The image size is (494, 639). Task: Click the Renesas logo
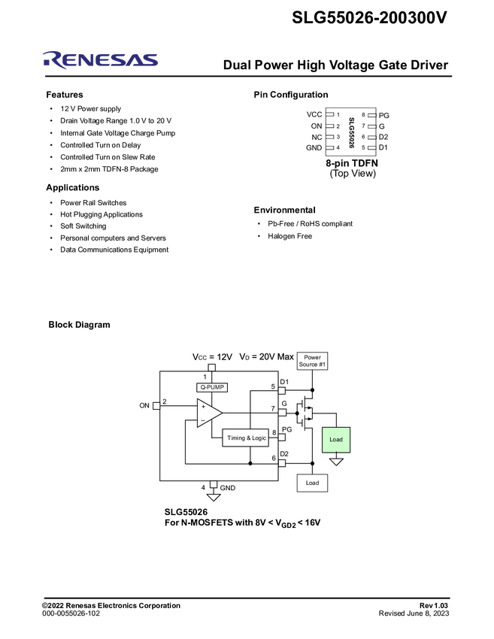pyautogui.click(x=101, y=60)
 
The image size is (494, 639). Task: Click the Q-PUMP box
pyautogui.click(x=212, y=387)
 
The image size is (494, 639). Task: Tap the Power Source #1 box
pyautogui.click(x=312, y=360)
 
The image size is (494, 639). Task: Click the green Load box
pyautogui.click(x=336, y=439)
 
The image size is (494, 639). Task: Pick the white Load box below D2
pyautogui.click(x=312, y=483)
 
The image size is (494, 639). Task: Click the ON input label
pyautogui.click(x=144, y=405)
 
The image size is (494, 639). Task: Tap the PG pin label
pyautogui.click(x=286, y=429)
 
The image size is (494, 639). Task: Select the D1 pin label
pyautogui.click(x=284, y=382)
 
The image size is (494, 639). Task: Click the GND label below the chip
pyautogui.click(x=228, y=488)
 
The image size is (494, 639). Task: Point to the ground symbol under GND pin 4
pyautogui.click(x=214, y=497)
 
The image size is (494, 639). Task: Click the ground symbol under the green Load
pyautogui.click(x=336, y=461)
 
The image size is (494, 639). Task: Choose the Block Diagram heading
pyautogui.click(x=79, y=325)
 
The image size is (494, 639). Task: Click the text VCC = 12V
pyautogui.click(x=214, y=356)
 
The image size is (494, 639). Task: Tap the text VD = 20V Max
pyautogui.click(x=266, y=356)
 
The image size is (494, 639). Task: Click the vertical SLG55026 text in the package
pyautogui.click(x=351, y=132)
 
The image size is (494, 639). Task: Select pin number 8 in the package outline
pyautogui.click(x=363, y=115)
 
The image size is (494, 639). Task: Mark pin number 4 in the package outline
pyautogui.click(x=338, y=148)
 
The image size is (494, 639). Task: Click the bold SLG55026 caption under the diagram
pyautogui.click(x=186, y=511)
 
